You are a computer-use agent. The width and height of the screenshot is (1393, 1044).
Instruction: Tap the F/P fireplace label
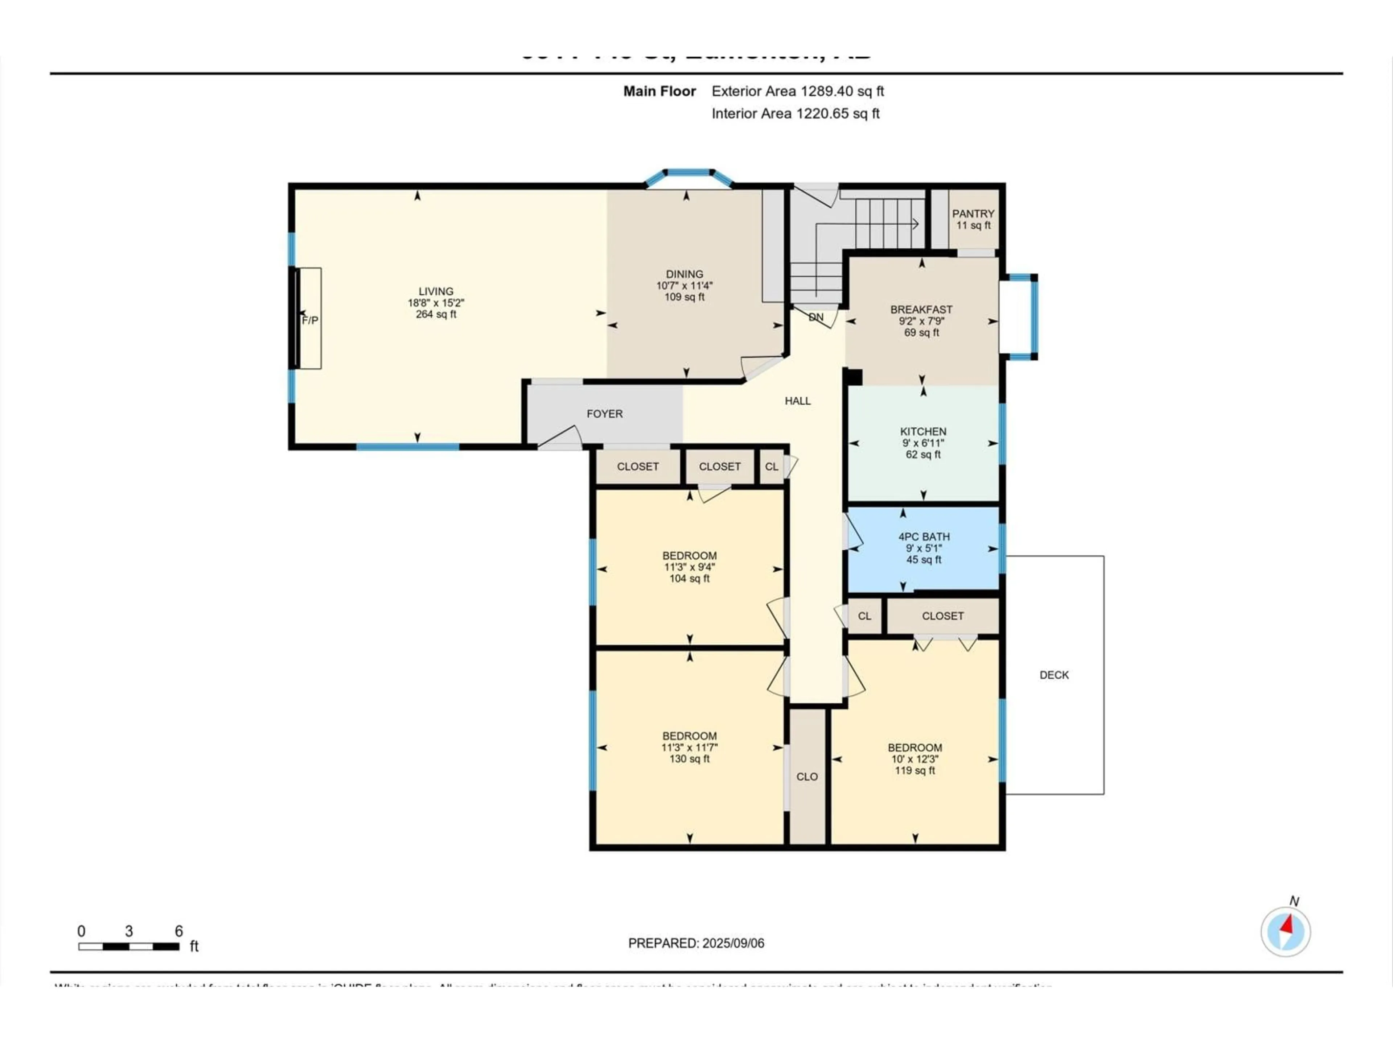[x=310, y=320]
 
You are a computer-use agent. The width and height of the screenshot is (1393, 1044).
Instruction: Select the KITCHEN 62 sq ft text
[x=923, y=454]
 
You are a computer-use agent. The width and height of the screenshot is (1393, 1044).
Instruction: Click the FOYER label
[x=605, y=414]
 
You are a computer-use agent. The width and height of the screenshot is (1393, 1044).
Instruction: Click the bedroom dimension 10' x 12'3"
[x=915, y=759]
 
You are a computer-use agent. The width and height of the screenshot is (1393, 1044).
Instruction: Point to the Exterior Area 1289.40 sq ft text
[x=797, y=91]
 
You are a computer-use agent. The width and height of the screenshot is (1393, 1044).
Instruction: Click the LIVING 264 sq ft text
[x=436, y=314]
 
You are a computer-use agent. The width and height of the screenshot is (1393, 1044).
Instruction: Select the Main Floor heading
[x=659, y=91]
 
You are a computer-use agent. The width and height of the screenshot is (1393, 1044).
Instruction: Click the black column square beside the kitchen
[x=855, y=376]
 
